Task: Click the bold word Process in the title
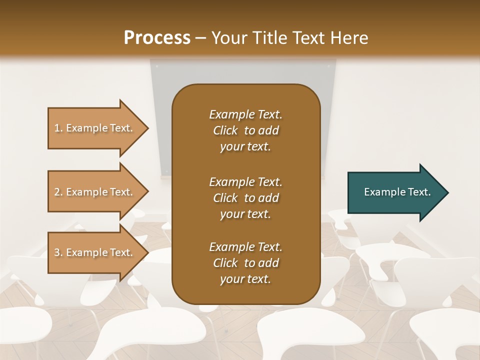click(157, 37)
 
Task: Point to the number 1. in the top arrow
click(58, 128)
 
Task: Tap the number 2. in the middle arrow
click(58, 192)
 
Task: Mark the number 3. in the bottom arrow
click(58, 252)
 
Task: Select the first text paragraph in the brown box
click(245, 130)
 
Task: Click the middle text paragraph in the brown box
click(245, 198)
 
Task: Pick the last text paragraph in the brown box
click(245, 263)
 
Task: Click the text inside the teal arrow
click(397, 192)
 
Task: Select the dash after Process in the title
click(201, 38)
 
